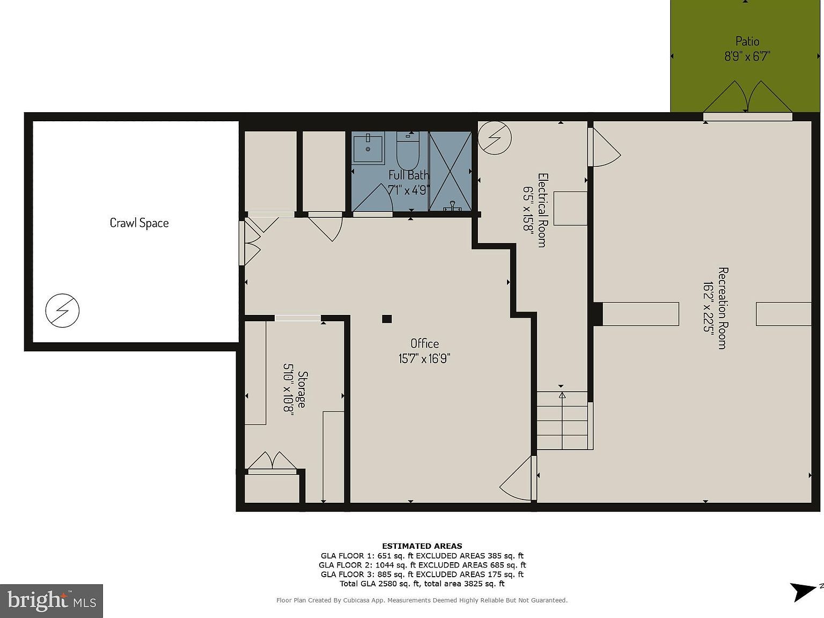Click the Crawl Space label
(139, 223)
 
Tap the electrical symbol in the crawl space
(62, 310)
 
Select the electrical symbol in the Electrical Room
(494, 138)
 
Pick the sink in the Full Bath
(368, 149)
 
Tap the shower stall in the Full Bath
(450, 171)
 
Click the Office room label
(424, 343)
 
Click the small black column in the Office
(387, 319)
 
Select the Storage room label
(303, 389)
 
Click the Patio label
(747, 41)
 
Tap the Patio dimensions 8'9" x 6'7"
(747, 56)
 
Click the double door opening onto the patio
(747, 99)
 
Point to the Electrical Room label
(542, 210)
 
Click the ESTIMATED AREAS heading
(422, 546)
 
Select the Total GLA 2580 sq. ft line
(422, 584)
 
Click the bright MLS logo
(51, 601)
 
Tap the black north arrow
(803, 592)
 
